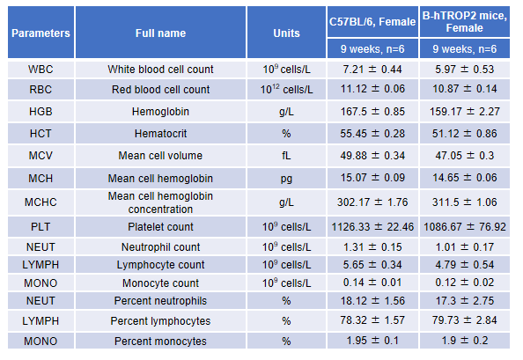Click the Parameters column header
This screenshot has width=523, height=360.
click(41, 33)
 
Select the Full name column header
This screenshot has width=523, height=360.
click(160, 33)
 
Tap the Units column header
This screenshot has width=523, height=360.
click(286, 33)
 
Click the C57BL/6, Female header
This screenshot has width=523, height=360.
click(372, 22)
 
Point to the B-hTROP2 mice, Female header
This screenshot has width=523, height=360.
click(465, 22)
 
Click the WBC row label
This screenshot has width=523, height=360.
click(41, 70)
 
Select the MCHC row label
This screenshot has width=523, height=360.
click(41, 202)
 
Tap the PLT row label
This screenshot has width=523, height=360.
click(41, 227)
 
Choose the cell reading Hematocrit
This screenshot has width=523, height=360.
click(160, 134)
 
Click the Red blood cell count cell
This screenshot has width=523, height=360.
click(160, 89)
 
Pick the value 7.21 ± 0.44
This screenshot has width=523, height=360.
click(372, 70)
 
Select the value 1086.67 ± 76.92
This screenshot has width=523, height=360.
click(465, 227)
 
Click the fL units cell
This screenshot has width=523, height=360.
click(286, 156)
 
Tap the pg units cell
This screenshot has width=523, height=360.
click(286, 179)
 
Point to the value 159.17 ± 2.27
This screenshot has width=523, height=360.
click(465, 111)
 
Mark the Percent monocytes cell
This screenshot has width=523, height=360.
click(160, 341)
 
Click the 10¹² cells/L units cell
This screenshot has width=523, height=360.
click(286, 89)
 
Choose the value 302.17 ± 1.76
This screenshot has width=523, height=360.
click(372, 202)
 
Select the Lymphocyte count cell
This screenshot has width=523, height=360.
click(160, 265)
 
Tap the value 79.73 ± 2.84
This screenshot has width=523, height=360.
click(465, 320)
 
